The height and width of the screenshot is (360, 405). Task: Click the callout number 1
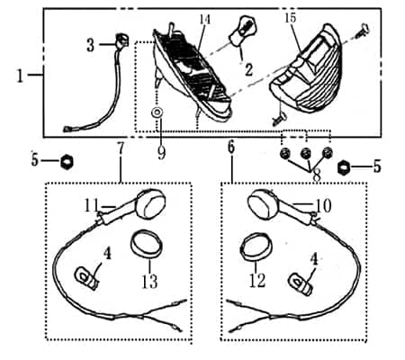tap(20, 76)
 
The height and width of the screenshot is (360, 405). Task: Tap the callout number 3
tap(90, 45)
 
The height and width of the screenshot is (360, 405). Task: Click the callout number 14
tap(205, 20)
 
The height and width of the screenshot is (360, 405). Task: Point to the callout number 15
tap(290, 18)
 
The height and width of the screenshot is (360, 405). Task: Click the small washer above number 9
tap(157, 112)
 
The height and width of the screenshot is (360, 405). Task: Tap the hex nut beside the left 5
tap(67, 161)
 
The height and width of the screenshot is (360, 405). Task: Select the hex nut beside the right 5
tap(343, 167)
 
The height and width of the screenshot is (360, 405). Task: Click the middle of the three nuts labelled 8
tap(305, 153)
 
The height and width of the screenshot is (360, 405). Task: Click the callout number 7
tap(121, 148)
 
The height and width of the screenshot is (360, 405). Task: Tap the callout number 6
tap(231, 147)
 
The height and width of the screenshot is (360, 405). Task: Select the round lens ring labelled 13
tap(147, 244)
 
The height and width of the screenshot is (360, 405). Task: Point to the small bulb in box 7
tap(86, 278)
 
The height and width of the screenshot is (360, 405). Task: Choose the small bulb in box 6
tap(300, 284)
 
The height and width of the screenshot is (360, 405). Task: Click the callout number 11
tap(91, 205)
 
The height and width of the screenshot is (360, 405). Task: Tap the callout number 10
tap(323, 206)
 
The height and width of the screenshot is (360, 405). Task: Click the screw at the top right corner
tap(361, 31)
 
